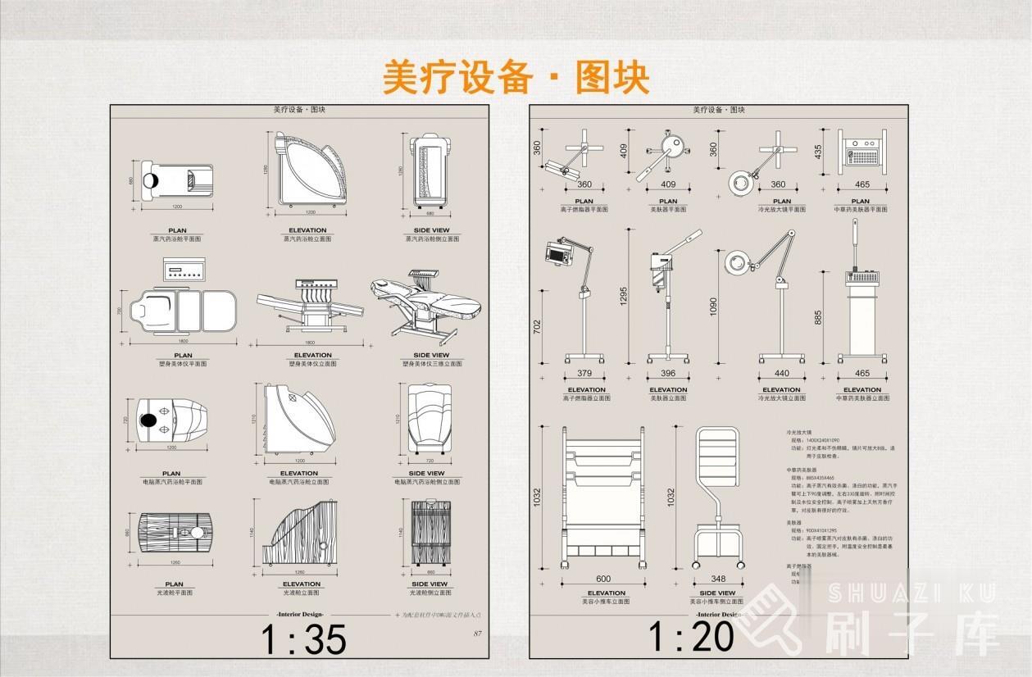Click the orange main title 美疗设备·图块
pos(516,78)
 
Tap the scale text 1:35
pos(303,639)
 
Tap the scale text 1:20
pos(690,637)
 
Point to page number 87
pos(478,633)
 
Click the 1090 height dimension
pos(712,306)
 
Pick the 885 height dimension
pos(816,317)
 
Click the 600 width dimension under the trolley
pos(604,579)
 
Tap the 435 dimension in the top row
pos(817,152)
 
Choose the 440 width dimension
pos(781,374)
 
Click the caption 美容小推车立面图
pos(606,602)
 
